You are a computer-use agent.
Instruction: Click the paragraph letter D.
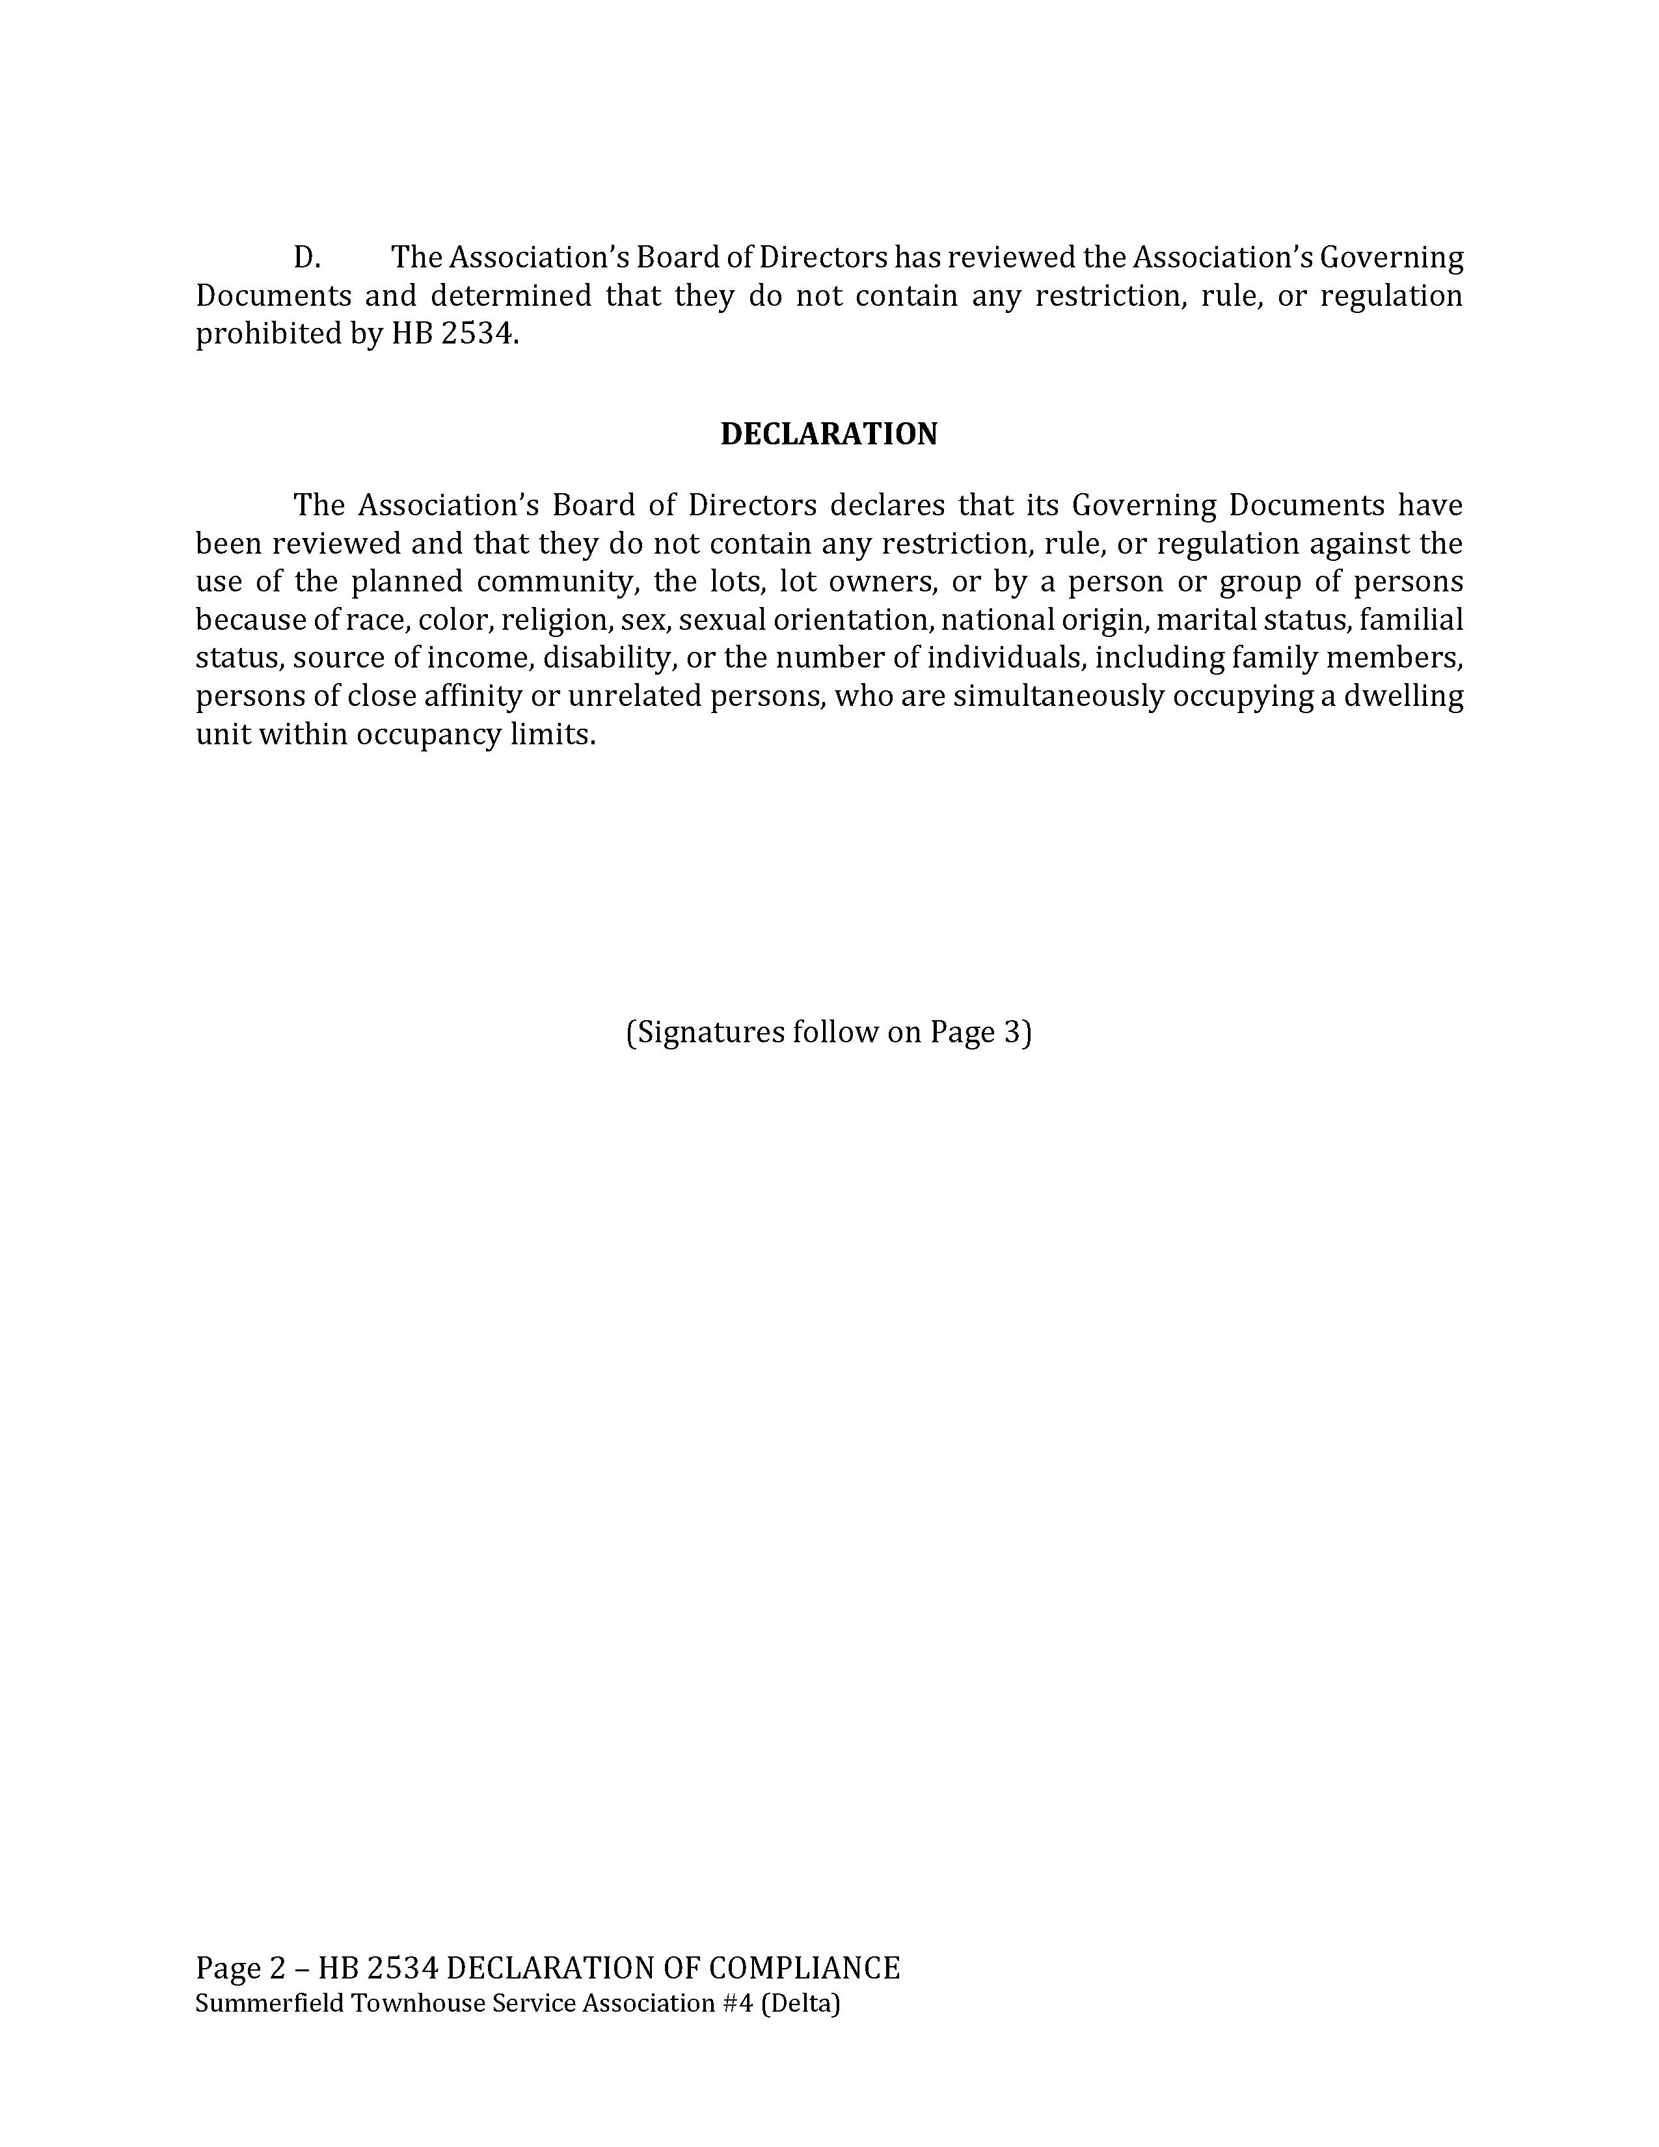coord(306,258)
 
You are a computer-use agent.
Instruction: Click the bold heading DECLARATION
coord(828,435)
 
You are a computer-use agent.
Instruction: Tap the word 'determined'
coord(511,296)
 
